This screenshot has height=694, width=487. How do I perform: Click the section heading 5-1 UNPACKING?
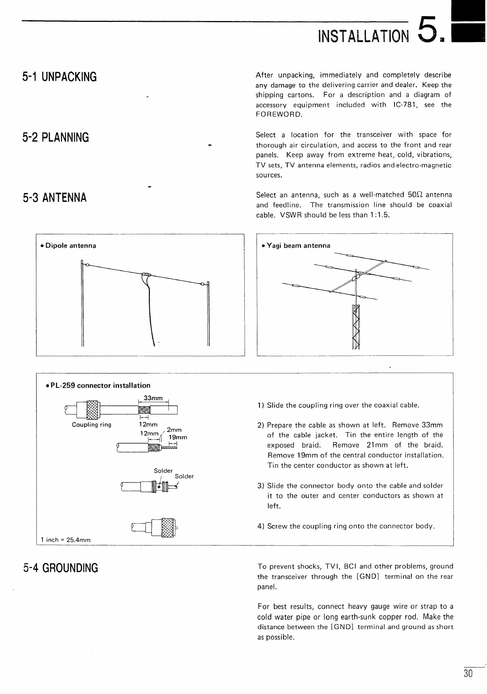(59, 77)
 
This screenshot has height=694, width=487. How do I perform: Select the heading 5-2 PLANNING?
(56, 137)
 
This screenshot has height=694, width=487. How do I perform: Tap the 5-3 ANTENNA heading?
(54, 197)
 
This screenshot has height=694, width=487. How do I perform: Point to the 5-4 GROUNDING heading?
(60, 568)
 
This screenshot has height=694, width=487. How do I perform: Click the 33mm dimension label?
(153, 398)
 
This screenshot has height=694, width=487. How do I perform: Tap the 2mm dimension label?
(174, 430)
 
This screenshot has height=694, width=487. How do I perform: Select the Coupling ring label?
(92, 425)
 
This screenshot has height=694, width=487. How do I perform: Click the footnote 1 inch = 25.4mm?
(65, 540)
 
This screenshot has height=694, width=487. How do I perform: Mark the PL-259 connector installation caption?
(98, 385)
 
